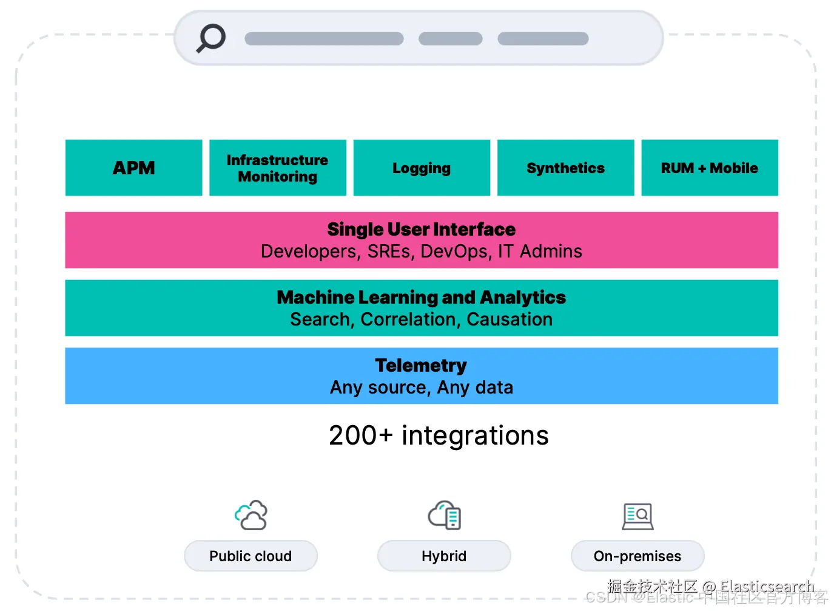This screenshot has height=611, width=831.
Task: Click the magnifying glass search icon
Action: tap(211, 38)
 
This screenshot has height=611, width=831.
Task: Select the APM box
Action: tap(133, 168)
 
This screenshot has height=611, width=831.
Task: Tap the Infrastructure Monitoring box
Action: tap(277, 168)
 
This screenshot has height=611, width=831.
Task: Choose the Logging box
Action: tap(422, 168)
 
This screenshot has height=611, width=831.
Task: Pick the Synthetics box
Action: tap(565, 168)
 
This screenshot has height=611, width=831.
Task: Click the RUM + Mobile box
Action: tap(709, 168)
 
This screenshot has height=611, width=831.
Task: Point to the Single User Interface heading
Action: tap(421, 229)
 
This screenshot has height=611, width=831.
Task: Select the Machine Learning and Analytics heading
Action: tap(421, 297)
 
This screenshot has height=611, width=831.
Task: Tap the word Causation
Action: tap(510, 319)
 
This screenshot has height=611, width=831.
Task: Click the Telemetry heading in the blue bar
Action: tap(421, 365)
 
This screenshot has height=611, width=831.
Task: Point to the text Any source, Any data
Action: tap(421, 387)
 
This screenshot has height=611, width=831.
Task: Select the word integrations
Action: tap(475, 435)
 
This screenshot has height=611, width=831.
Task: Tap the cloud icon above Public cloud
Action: tap(251, 515)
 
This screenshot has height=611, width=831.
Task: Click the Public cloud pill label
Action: tap(251, 556)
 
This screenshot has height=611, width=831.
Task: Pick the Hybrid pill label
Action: tap(444, 556)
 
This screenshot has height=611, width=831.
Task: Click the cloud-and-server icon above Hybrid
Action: tap(445, 515)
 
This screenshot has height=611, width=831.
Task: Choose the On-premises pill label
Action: tap(638, 556)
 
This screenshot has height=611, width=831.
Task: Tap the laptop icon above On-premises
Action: tap(638, 516)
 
